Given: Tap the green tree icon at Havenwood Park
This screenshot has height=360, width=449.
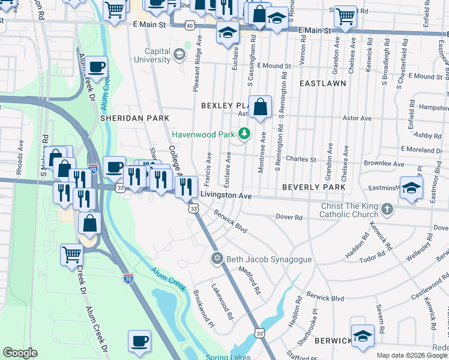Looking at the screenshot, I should [x=244, y=133].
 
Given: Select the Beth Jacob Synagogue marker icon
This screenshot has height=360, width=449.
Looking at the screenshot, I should [x=216, y=259].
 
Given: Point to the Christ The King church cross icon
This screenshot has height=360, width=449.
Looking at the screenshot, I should [x=388, y=209].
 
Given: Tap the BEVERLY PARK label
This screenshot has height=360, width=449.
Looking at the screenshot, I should [x=314, y=187].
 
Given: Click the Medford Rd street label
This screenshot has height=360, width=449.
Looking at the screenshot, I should [x=250, y=280].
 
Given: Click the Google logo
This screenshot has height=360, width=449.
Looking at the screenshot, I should [x=20, y=353].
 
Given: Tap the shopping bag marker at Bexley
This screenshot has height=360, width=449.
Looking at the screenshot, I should [x=260, y=108].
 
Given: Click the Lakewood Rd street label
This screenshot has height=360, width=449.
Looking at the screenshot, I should [x=221, y=301].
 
